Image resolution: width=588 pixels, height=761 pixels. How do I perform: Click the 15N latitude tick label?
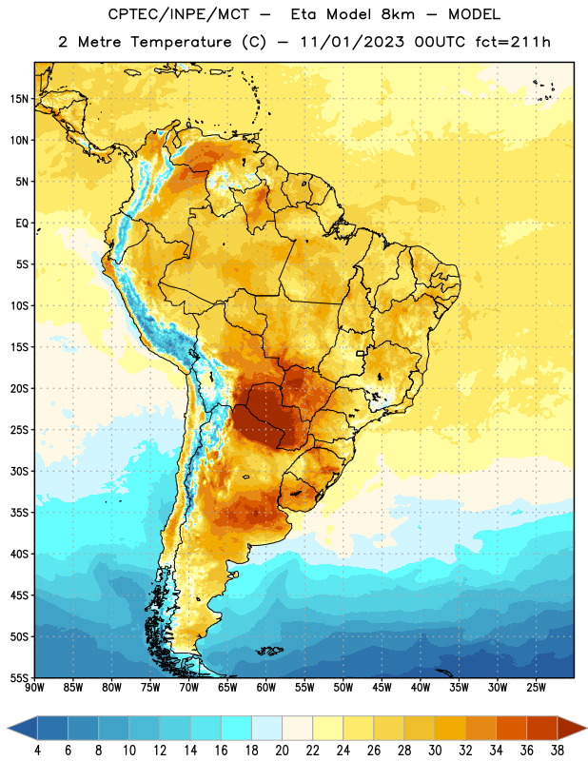pos(19,99)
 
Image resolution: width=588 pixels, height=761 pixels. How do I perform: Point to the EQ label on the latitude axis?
pos(22,224)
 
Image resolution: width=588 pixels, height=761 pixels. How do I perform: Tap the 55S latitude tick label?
pos(19,678)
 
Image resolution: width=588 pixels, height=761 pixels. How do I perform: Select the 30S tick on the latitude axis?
pos(19,471)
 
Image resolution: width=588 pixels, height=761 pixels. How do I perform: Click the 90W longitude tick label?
pos(34,688)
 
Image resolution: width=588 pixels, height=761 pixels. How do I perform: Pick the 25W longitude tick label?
pos(536,688)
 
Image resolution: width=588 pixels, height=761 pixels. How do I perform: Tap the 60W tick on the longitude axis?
pos(266,688)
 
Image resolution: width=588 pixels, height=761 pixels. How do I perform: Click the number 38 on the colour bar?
pos(558,751)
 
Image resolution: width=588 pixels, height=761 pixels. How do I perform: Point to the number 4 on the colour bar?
pos(37,751)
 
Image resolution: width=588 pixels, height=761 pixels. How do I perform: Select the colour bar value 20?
pos(282,751)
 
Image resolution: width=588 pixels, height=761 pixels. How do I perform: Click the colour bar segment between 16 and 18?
pos(237,728)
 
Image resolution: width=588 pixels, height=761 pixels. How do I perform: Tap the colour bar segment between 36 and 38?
pos(542,728)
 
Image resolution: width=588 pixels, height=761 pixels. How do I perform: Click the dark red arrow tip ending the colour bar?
pos(585,728)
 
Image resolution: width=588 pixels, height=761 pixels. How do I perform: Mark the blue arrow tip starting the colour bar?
pos(9,728)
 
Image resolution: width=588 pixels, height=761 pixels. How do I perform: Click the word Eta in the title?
pos(304,14)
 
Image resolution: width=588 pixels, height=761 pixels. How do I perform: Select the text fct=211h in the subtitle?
pos(513,42)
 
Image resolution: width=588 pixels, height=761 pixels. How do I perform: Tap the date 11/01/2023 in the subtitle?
pos(352,42)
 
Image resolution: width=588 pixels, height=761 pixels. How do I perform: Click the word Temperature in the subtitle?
pos(181,42)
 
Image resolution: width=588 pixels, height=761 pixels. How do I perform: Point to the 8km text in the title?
pos(398,14)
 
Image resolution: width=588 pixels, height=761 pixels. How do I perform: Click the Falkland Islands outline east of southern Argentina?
pos(269,651)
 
